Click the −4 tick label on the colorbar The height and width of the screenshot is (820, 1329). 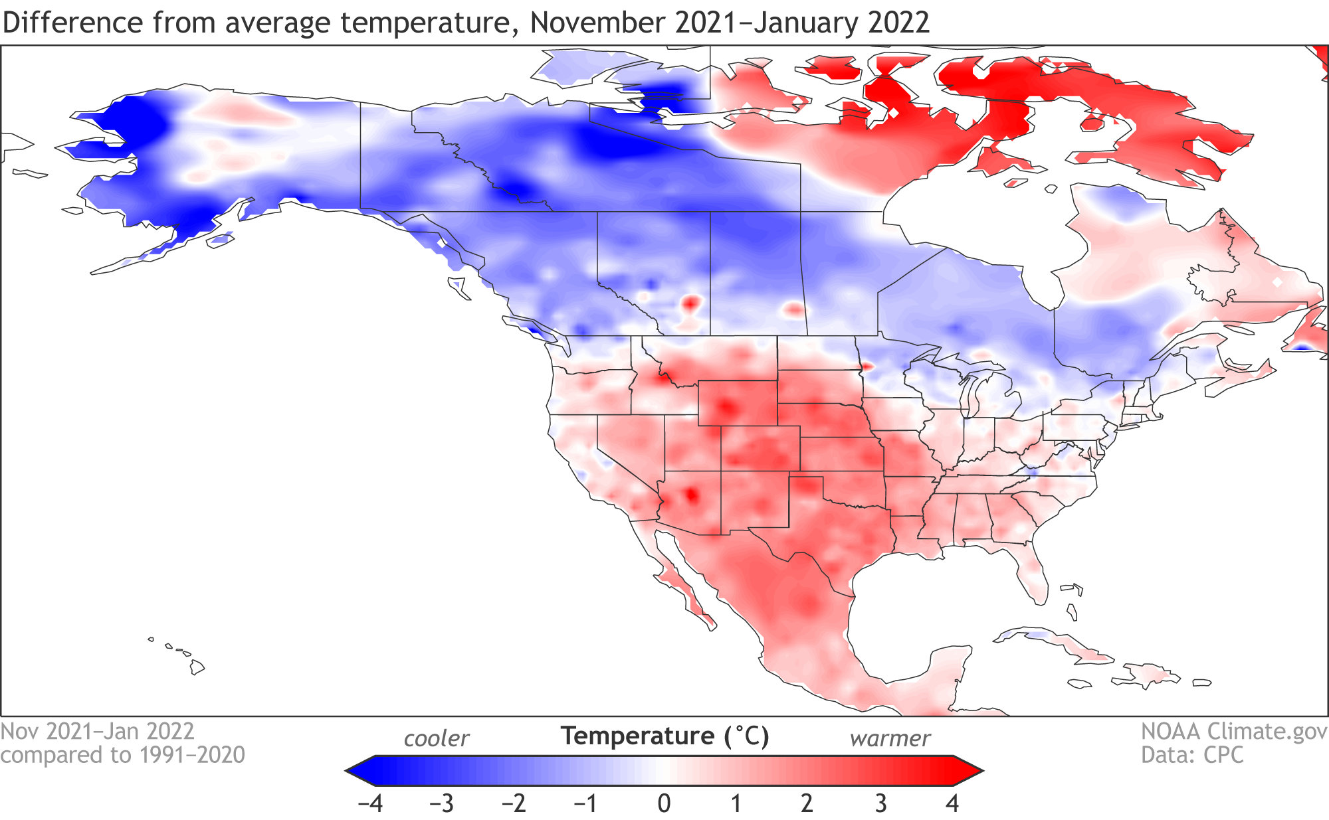pos(370,803)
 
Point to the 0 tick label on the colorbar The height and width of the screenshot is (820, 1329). pos(664,803)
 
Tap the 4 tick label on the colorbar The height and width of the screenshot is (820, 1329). pos(952,803)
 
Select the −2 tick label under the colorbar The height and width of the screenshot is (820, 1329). pos(514,803)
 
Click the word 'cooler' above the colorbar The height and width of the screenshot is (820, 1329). pos(437,739)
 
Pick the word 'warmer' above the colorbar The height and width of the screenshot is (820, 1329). pos(890,739)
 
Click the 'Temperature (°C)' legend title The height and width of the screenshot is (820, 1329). pos(664,736)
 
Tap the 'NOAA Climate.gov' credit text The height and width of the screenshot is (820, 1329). pos(1233,731)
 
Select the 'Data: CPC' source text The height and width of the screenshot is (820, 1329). pos(1192,756)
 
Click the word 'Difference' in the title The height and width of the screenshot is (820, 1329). pos(72,23)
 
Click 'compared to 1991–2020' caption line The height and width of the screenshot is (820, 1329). pos(123,756)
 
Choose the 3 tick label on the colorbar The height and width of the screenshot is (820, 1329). pos(880,803)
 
